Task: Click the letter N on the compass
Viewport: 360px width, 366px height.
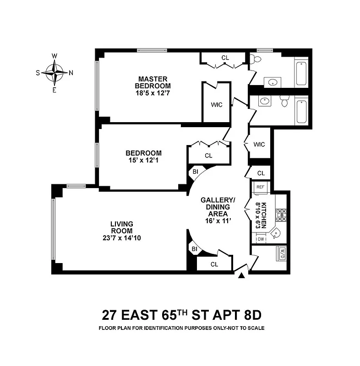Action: click(x=71, y=72)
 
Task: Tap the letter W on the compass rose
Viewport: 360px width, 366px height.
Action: click(x=55, y=56)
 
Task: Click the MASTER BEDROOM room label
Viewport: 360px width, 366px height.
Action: click(x=153, y=82)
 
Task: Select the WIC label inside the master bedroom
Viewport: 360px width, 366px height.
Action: click(x=217, y=105)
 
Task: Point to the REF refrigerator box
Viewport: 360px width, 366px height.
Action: click(x=260, y=187)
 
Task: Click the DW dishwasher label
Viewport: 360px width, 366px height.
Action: click(x=261, y=239)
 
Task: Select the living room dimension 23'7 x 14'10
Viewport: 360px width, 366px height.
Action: click(x=121, y=237)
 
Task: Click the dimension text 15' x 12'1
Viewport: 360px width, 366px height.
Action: click(x=143, y=161)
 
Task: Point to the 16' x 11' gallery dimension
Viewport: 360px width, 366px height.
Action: click(x=218, y=220)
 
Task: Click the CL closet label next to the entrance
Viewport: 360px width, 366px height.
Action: click(x=214, y=264)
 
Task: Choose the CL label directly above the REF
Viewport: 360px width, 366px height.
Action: click(x=261, y=173)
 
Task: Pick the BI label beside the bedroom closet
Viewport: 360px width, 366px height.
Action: click(x=195, y=172)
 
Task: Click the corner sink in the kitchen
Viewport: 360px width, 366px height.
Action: click(x=276, y=234)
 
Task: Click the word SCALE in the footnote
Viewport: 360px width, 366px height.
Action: click(x=254, y=328)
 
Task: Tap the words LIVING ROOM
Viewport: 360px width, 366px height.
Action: click(x=121, y=226)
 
